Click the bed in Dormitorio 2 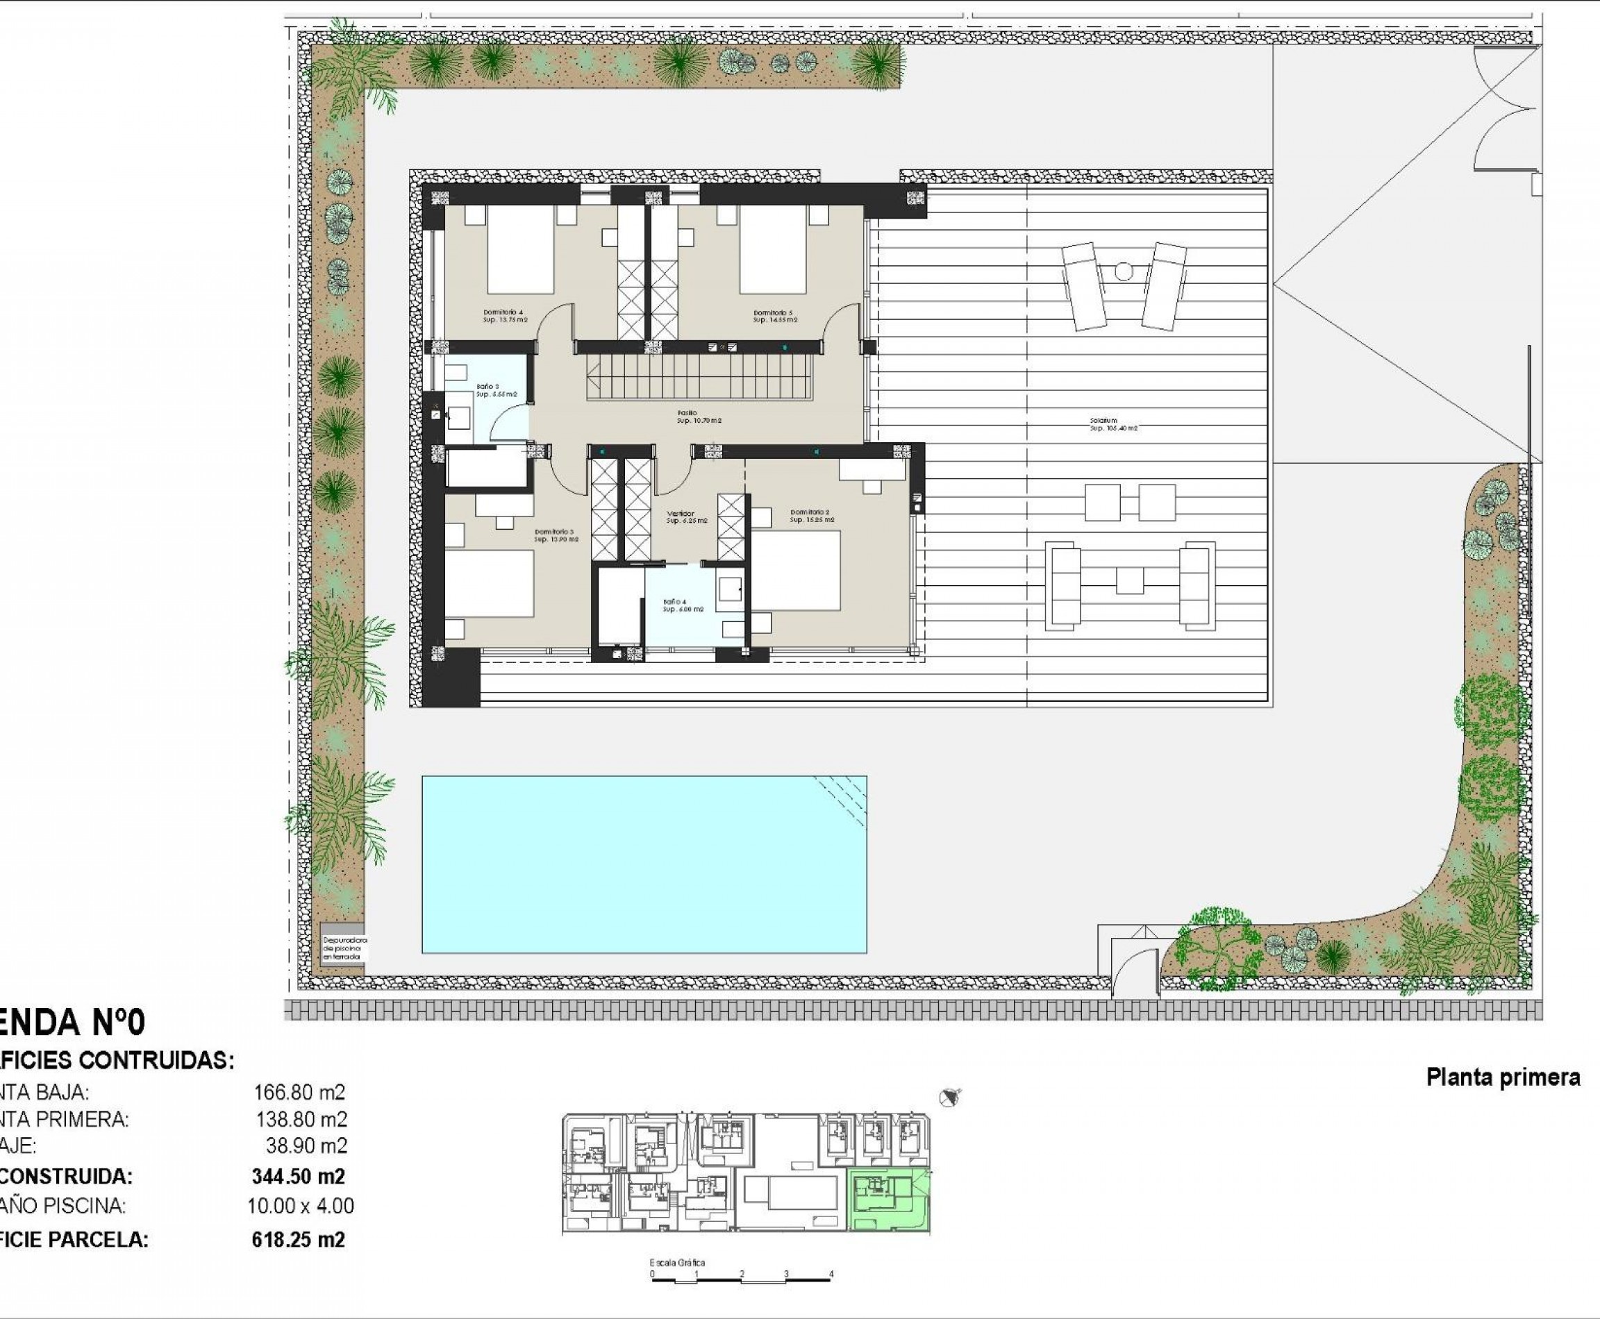(x=796, y=571)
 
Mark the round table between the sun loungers (x=1124, y=271)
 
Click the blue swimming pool (x=644, y=864)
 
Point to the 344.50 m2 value (x=298, y=1176)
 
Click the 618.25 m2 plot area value (x=298, y=1240)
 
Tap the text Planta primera (x=1503, y=1077)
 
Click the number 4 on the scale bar (x=831, y=1274)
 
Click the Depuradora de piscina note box (x=344, y=948)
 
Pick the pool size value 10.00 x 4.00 (x=300, y=1206)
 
